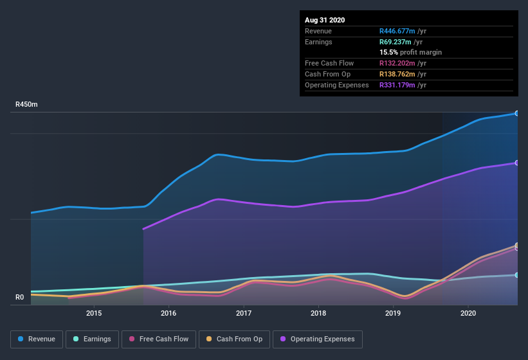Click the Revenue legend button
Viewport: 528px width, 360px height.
point(37,339)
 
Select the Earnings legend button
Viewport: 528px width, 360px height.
point(92,339)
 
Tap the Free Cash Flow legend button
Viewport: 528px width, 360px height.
point(158,339)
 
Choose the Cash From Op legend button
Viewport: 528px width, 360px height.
point(234,339)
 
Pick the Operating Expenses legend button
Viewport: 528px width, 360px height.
point(317,339)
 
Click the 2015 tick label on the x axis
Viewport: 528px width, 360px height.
point(94,313)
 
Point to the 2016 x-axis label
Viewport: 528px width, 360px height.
point(168,313)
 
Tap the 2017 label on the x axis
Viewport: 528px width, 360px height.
point(244,313)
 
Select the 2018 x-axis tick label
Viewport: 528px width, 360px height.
point(318,313)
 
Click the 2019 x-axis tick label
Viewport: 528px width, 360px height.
point(394,313)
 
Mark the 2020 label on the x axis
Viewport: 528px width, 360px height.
point(468,313)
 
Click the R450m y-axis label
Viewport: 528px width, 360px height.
point(27,104)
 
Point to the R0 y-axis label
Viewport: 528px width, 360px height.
point(20,297)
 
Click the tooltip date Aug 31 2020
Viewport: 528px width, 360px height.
point(325,20)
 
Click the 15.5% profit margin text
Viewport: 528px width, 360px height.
point(410,52)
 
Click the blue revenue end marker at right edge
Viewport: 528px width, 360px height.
point(517,114)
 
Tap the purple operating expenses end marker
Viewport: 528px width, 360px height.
point(517,163)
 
